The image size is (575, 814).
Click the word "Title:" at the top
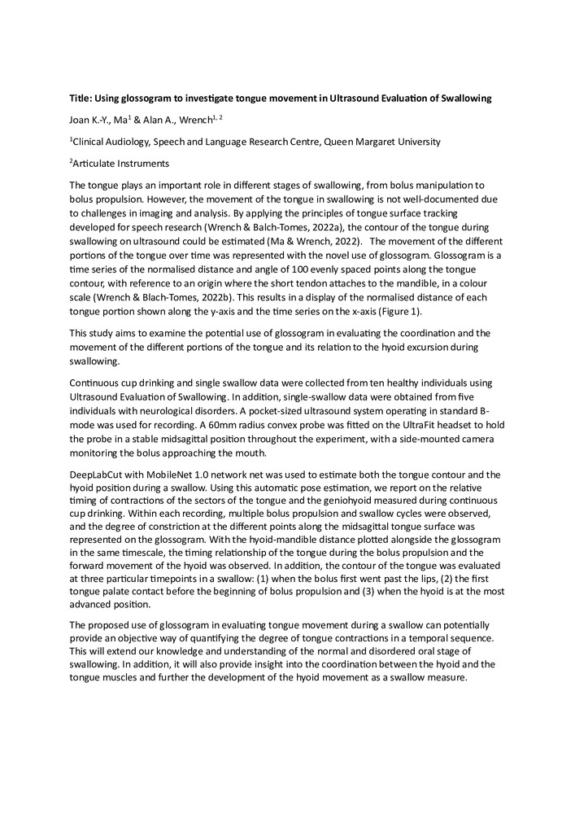click(82, 98)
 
